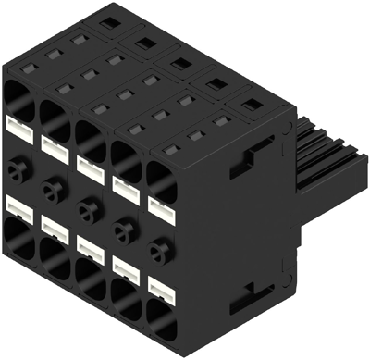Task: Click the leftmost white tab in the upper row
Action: point(21,126)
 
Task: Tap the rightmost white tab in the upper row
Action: point(161,203)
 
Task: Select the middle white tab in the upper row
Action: point(91,166)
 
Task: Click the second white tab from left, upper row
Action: point(55,146)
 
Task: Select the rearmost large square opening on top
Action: point(110,19)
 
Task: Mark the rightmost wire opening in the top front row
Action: point(162,176)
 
